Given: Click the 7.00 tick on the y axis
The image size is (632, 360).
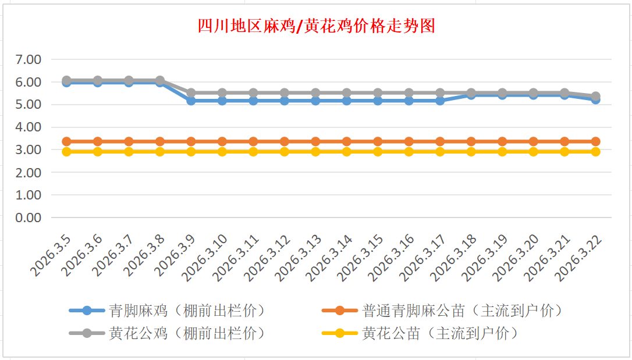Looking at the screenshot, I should coord(29,59).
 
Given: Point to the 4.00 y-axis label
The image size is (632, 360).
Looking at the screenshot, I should coord(29,127).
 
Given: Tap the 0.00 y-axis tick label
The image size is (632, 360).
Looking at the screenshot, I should coord(29,218).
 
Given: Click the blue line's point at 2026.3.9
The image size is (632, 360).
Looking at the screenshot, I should coord(191,101).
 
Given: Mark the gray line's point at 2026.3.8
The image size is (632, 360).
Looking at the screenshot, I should coord(160,81).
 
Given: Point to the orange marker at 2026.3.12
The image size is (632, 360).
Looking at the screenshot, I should coord(285,141).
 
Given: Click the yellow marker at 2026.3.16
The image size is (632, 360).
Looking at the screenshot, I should coord(409,152).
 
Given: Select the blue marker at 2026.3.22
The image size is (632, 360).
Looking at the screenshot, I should coord(595,99).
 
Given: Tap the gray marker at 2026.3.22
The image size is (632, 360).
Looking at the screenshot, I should coord(595,96).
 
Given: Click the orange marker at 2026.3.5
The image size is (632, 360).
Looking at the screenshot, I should coord(66,141).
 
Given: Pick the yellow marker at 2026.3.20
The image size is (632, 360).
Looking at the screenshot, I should coord(534,152).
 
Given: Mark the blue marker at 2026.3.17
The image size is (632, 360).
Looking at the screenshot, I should coord(440,101).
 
